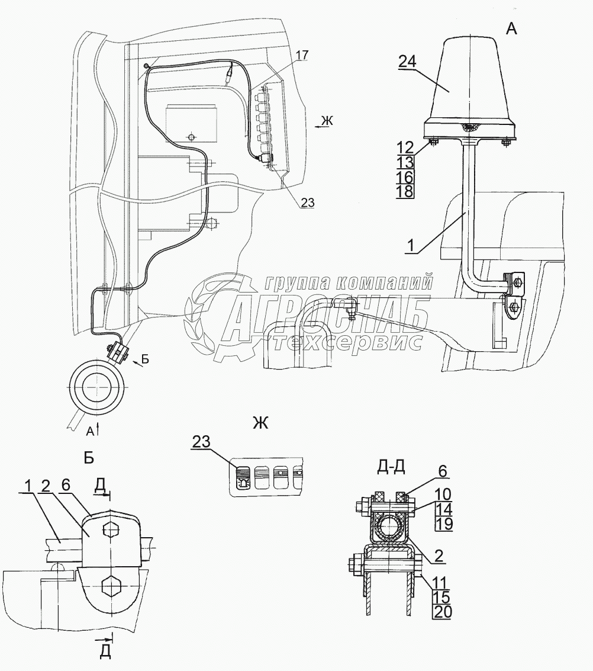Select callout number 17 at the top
pos(302,56)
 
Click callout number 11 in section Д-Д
pos(441,583)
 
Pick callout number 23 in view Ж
pos(201,441)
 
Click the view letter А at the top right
pos(510,28)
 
